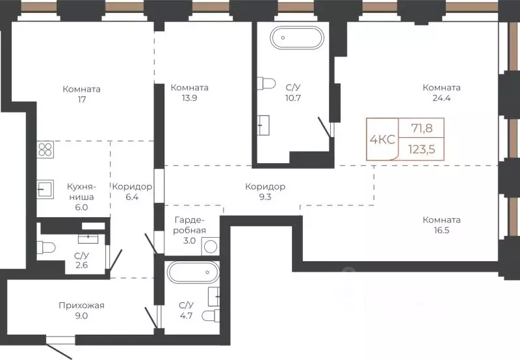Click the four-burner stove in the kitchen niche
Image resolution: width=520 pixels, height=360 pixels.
[45, 149]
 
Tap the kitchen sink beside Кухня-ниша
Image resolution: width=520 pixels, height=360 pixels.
[45, 189]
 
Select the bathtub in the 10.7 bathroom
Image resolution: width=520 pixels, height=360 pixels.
[296, 38]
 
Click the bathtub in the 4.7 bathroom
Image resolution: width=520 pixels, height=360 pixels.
[193, 272]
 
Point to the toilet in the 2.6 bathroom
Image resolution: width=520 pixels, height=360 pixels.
[46, 248]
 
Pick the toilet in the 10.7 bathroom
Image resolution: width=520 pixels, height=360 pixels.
[266, 83]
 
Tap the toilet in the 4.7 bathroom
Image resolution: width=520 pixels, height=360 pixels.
[211, 316]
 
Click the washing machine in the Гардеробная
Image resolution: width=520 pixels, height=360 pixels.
[210, 246]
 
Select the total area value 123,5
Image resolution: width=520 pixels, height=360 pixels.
[421, 149]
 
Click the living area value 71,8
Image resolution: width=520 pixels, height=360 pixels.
[422, 128]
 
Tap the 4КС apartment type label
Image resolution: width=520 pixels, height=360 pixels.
[382, 140]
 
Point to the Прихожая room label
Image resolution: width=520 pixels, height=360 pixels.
[81, 305]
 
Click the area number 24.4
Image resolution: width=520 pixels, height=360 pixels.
[441, 98]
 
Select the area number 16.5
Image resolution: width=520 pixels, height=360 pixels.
[441, 231]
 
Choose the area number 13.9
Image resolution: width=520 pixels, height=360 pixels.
[189, 98]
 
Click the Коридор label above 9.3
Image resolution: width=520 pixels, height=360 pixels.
[265, 186]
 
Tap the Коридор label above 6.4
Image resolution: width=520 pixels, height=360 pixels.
[132, 186]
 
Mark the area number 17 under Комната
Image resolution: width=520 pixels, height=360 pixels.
[82, 99]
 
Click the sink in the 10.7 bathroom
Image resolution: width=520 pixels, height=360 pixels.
[263, 125]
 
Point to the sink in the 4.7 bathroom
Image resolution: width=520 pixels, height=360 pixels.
[214, 297]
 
